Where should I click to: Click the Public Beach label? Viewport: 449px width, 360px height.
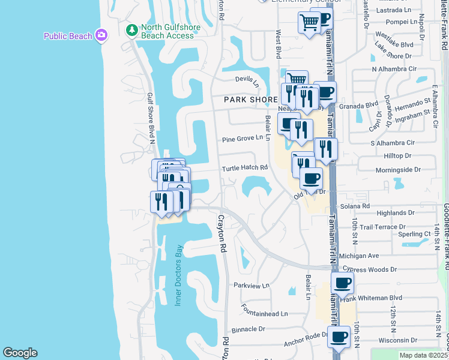pyautogui.click(x=67, y=36)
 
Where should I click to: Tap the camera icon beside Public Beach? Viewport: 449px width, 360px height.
pyautogui.click(x=101, y=35)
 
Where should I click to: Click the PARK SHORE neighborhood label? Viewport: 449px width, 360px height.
pyautogui.click(x=250, y=100)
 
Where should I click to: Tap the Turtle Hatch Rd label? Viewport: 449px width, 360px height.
pyautogui.click(x=244, y=168)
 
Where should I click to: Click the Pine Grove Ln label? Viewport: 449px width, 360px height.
pyautogui.click(x=243, y=138)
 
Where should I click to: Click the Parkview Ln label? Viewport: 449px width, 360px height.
pyautogui.click(x=252, y=286)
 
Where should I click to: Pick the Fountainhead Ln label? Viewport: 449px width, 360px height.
pyautogui.click(x=265, y=314)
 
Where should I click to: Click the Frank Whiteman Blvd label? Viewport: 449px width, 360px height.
pyautogui.click(x=373, y=298)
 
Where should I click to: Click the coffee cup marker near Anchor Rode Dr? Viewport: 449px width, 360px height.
pyautogui.click(x=339, y=337)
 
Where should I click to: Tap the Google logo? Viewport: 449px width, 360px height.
pyautogui.click(x=20, y=353)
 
